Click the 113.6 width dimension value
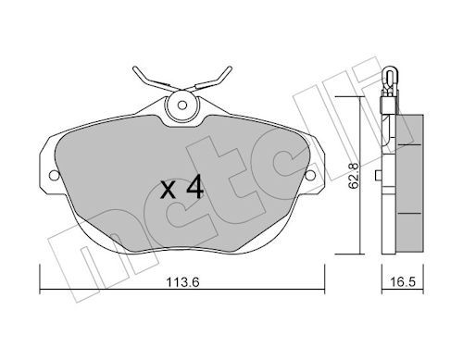pyautogui.click(x=182, y=282)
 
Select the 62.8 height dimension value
pyautogui.click(x=353, y=175)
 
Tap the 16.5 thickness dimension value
pyautogui.click(x=403, y=282)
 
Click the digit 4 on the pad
pyautogui.click(x=194, y=187)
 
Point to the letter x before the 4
pyautogui.click(x=169, y=190)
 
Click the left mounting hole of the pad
pyautogui.click(x=54, y=176)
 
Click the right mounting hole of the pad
pyautogui.click(x=310, y=176)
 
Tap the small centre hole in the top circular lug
pyautogui.click(x=182, y=106)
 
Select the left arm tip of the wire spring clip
pyautogui.click(x=135, y=68)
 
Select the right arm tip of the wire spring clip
pyautogui.click(x=230, y=68)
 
